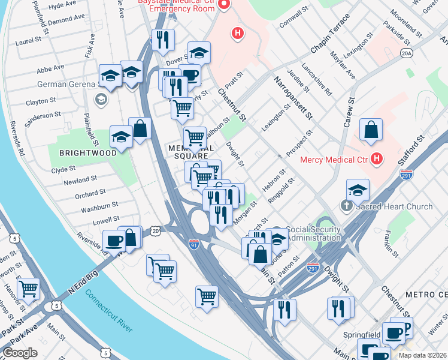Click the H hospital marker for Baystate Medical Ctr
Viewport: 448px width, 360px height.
coord(238,33)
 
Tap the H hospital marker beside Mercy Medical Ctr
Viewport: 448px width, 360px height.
coord(377,159)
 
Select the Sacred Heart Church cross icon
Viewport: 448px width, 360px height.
coord(346,206)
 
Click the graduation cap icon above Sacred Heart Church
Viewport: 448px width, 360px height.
coord(358,190)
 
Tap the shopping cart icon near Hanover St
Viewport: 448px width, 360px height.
coord(28,289)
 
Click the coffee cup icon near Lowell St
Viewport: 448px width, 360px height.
coord(114,241)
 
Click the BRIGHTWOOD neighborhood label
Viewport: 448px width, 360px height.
coord(88,153)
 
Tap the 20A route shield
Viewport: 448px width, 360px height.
coord(407,55)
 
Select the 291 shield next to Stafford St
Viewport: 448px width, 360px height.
coord(406,175)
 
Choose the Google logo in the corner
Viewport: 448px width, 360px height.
coord(20,353)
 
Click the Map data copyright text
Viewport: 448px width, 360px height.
coord(422,355)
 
